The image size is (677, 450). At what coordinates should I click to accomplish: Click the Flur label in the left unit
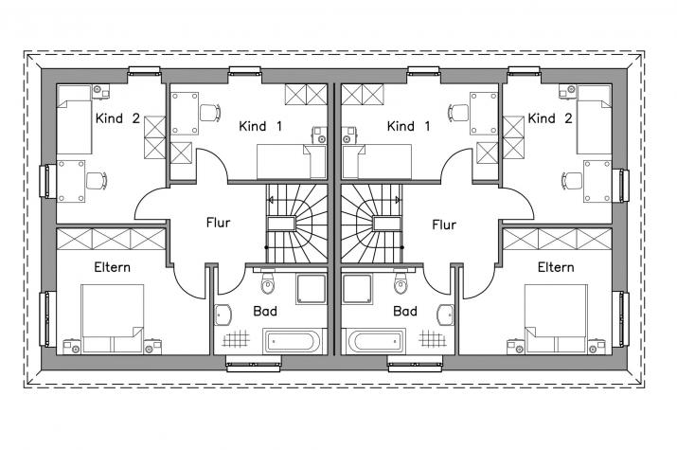click(x=218, y=223)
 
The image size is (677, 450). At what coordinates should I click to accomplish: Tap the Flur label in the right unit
click(x=444, y=225)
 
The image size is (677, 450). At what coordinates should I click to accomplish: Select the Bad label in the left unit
click(x=265, y=311)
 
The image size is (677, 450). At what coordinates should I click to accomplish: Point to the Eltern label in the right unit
click(x=556, y=267)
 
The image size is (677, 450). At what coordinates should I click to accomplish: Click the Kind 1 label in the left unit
click(x=260, y=126)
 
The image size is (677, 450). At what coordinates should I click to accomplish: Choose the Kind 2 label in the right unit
click(x=550, y=117)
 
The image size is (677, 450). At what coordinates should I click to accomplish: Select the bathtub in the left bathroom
click(x=292, y=341)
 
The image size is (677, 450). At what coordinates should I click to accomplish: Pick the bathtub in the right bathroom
click(x=374, y=341)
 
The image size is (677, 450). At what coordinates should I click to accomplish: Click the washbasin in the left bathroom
click(x=223, y=315)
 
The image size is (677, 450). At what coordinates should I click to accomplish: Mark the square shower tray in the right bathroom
click(x=358, y=289)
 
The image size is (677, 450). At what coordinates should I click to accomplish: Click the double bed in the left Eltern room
click(x=113, y=318)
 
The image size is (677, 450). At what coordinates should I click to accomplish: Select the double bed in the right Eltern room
click(x=556, y=318)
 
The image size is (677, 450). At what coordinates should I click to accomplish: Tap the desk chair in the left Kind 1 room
click(x=210, y=113)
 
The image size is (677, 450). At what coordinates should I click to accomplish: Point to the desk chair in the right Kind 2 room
click(x=572, y=181)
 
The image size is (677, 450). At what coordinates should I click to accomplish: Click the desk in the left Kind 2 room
click(x=71, y=181)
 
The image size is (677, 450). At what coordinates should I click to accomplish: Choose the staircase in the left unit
click(x=296, y=224)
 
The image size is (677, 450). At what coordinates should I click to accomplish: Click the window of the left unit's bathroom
click(x=254, y=363)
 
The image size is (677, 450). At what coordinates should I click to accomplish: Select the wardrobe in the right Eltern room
click(x=558, y=240)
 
